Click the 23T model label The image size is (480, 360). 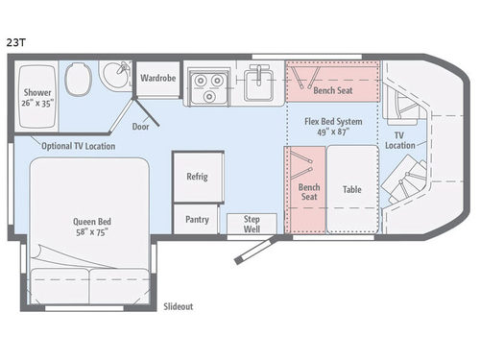[15, 42]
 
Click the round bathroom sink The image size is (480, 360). [117, 73]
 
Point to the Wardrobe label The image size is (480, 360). [157, 78]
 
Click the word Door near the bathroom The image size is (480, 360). [141, 126]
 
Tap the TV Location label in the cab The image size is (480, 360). [401, 140]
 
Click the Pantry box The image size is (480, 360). [198, 219]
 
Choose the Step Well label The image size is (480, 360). [252, 223]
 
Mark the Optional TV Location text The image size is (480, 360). [78, 146]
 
